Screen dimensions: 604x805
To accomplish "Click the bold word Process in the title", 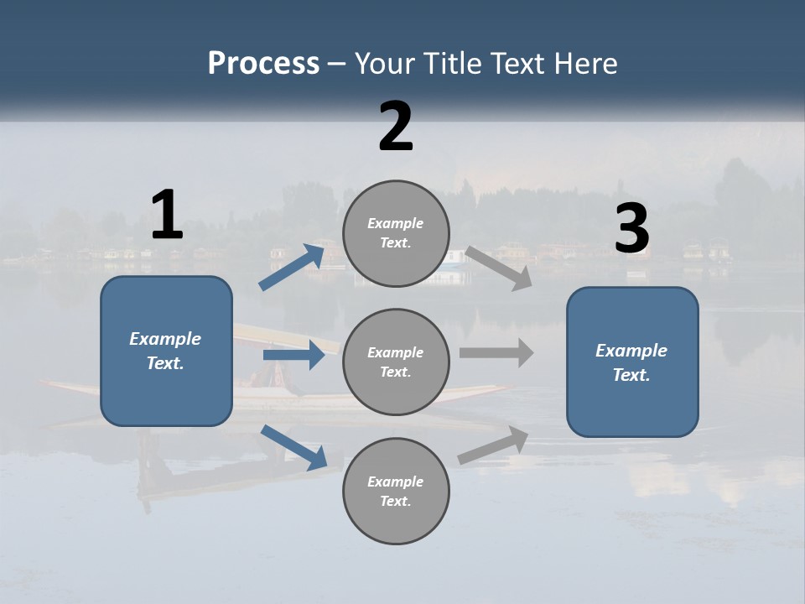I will point(263,64).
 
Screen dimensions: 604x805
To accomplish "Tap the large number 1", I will point(167,215).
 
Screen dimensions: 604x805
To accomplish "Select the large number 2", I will point(396,127).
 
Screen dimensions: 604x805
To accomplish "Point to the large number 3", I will point(631,229).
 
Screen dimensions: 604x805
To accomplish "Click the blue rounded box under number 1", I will point(166,351).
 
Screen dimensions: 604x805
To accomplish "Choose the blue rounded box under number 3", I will point(632,362).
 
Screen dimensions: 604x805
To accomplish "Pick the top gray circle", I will point(396,233).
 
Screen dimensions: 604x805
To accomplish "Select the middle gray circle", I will point(396,362).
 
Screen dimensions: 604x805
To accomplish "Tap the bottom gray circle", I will point(396,491).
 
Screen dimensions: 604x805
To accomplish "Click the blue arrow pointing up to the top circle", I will point(292,268).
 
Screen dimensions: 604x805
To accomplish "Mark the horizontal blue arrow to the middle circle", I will point(293,355).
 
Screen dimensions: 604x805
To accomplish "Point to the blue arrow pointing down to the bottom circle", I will point(293,447).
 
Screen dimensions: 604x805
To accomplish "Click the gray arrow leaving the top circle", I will point(499,268).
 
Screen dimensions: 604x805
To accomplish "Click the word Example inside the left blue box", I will point(165,339).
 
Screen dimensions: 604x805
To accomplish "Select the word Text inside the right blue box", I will point(631,375).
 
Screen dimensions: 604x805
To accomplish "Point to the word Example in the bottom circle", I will point(396,482).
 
